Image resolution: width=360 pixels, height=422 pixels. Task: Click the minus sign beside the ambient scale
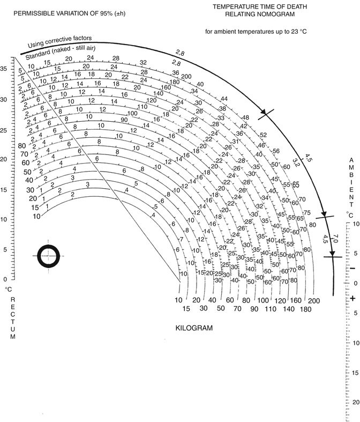click(x=337, y=268)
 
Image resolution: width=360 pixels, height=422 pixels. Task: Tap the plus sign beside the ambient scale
click(x=337, y=298)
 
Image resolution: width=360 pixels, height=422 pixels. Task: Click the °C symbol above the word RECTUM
click(x=8, y=289)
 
